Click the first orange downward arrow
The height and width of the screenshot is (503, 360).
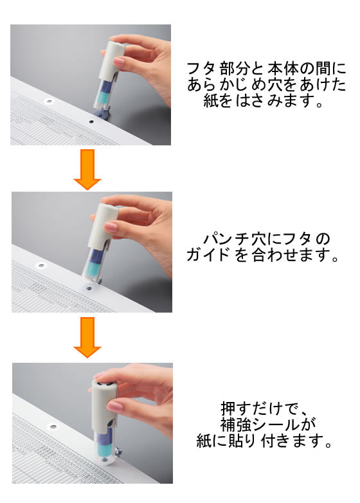pos(87,169)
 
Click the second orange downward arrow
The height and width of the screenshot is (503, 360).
pos(87,337)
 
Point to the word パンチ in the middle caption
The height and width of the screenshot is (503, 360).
pos(227,239)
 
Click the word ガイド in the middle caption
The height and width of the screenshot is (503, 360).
pos(208,255)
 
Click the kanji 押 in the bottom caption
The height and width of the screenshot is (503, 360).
pos(228,409)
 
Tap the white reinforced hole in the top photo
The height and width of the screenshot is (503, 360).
pos(49,102)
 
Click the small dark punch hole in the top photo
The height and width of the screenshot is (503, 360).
pos(91,122)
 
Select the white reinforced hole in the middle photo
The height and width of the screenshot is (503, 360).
pos(41,265)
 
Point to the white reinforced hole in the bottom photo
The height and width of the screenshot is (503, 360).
pos(53,427)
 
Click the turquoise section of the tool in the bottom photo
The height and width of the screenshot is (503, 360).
pos(105,448)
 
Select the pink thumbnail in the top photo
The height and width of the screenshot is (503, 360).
pos(119,62)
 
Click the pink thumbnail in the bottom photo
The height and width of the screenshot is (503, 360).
pos(114,407)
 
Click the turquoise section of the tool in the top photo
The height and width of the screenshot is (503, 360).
pos(104,96)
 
